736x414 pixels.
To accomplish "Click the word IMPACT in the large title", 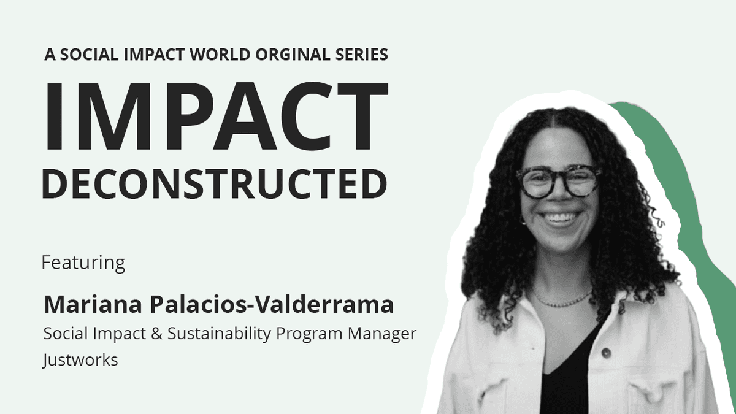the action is [217, 116].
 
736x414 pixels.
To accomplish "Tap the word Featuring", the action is [83, 263].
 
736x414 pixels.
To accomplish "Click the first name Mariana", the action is [93, 305].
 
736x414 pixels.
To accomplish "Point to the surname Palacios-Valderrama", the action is [272, 305].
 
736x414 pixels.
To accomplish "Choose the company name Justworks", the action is [80, 360].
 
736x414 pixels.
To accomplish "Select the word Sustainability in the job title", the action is [219, 334].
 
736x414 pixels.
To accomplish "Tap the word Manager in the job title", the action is [382, 334].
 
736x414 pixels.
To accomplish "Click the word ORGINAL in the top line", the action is [293, 55].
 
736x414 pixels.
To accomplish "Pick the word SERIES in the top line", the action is [362, 55].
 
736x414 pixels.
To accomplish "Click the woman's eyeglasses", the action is [558, 182].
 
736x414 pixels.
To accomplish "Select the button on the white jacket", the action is [606, 353].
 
